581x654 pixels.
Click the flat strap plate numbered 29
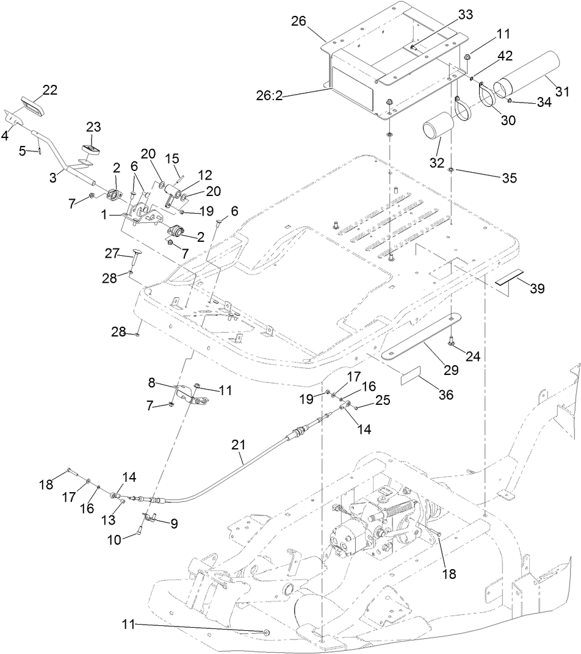pyautogui.click(x=420, y=336)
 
